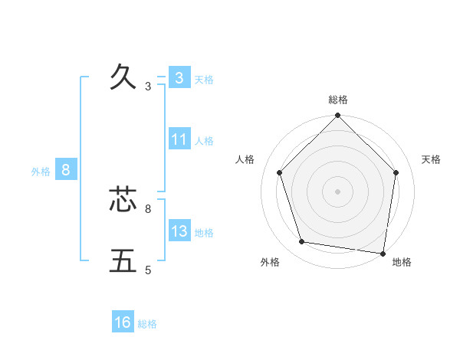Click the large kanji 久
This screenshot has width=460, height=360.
(123, 77)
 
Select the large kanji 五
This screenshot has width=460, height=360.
(123, 260)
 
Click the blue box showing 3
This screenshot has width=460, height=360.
(179, 77)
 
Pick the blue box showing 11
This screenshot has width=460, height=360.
(179, 139)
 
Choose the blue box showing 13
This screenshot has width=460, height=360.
(179, 231)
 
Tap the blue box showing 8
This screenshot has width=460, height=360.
(66, 170)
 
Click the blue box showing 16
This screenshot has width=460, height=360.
(123, 322)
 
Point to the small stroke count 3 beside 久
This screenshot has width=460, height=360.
(148, 87)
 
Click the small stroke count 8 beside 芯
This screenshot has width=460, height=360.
(148, 208)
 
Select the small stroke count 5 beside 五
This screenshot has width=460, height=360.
(148, 270)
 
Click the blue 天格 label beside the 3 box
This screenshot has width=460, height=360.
(204, 79)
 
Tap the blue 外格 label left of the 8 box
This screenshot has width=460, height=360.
(41, 172)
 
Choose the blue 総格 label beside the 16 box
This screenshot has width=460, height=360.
(147, 324)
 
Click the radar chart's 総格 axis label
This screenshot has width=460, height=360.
(338, 100)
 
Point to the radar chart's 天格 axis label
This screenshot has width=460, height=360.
(431, 159)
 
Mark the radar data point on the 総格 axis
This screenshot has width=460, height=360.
(338, 116)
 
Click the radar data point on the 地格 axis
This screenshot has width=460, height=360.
(383, 252)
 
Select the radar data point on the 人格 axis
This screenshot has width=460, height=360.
(279, 172)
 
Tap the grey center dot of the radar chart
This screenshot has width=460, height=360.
(338, 191)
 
